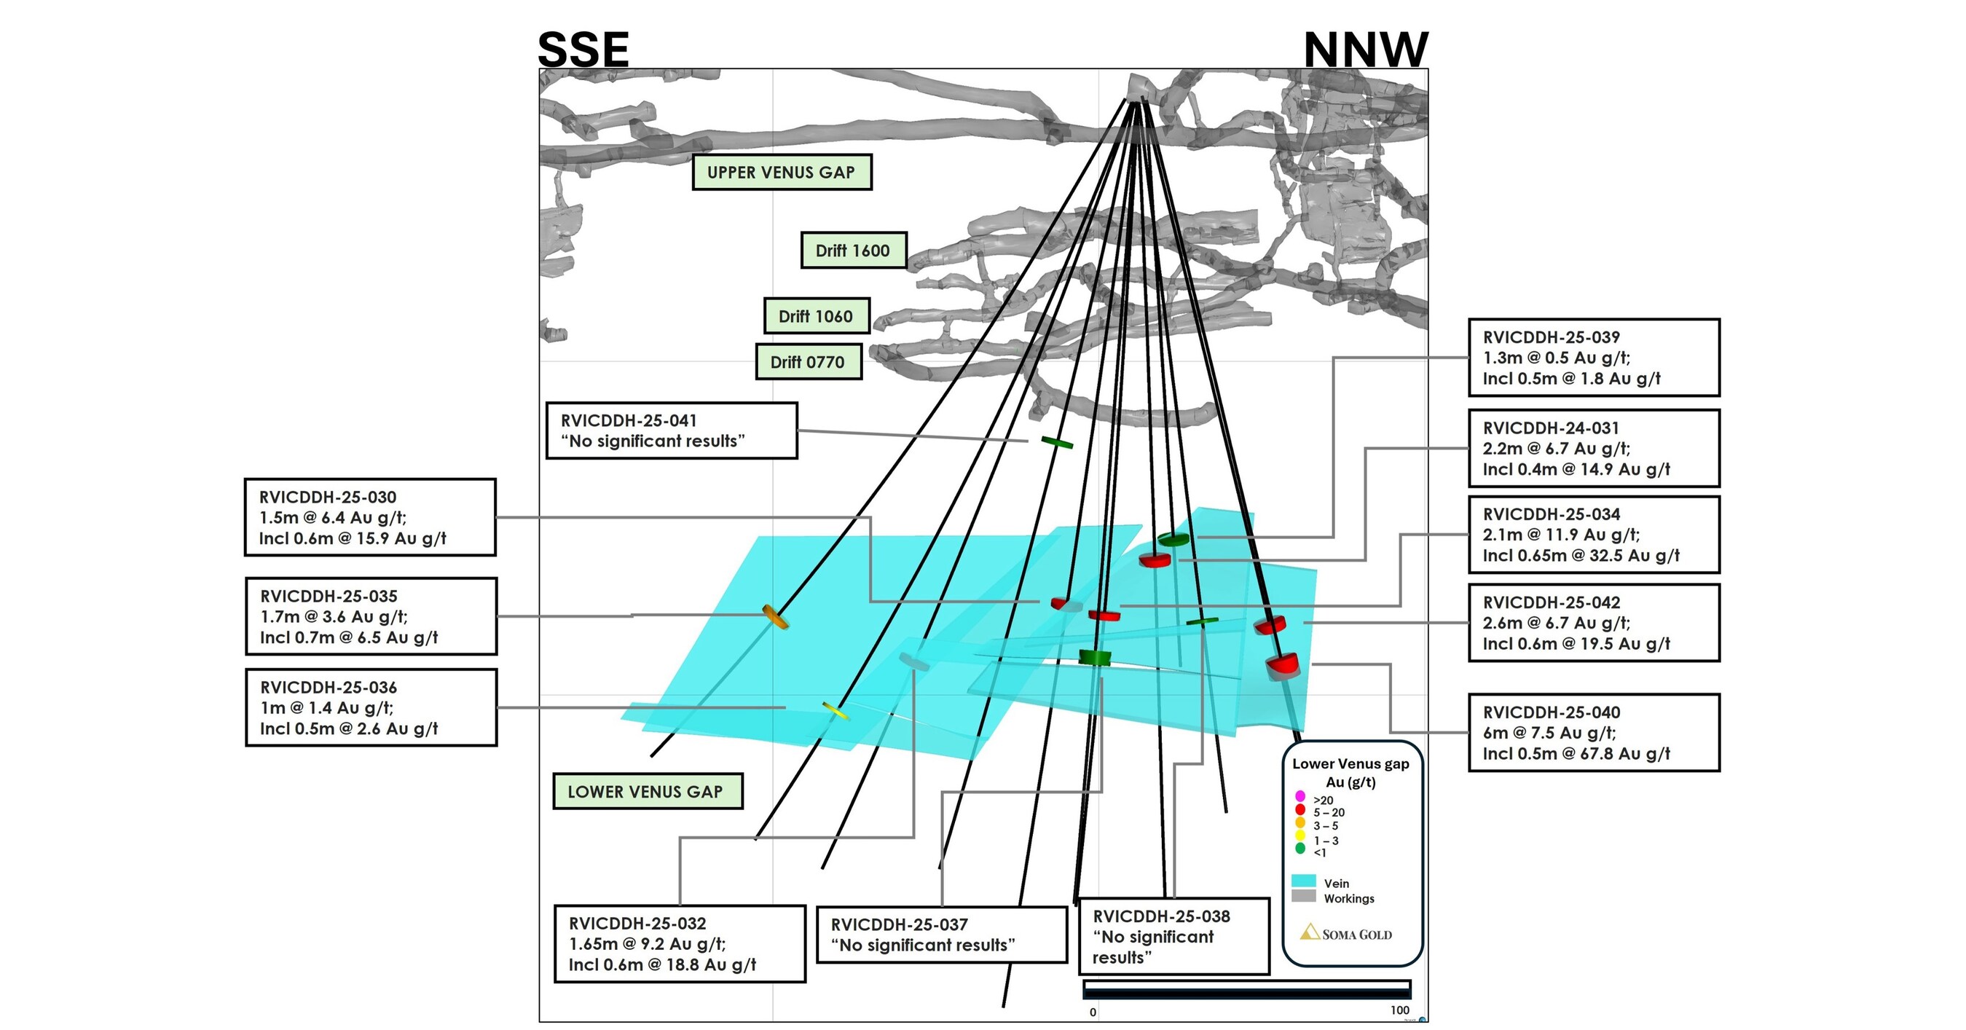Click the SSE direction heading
pyautogui.click(x=583, y=50)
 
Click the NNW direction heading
pyautogui.click(x=1364, y=50)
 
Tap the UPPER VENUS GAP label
pyautogui.click(x=781, y=173)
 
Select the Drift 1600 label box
pyautogui.click(x=852, y=251)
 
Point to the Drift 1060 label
pyautogui.click(x=816, y=316)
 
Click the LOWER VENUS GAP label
pyautogui.click(x=645, y=792)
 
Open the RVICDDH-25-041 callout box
pyautogui.click(x=671, y=431)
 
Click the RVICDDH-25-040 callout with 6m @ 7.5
pyautogui.click(x=1594, y=733)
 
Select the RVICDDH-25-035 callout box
pyautogui.click(x=371, y=616)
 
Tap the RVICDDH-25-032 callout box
pyautogui.click(x=679, y=944)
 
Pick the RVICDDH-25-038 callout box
pyautogui.click(x=1173, y=936)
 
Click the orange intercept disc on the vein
pyautogui.click(x=774, y=616)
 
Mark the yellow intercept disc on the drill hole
pyautogui.click(x=835, y=711)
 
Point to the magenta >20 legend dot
pyautogui.click(x=1300, y=796)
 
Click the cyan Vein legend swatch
pyautogui.click(x=1304, y=881)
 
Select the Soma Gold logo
pyautogui.click(x=1346, y=933)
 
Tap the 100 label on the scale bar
pyautogui.click(x=1399, y=1010)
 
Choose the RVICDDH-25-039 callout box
pyautogui.click(x=1594, y=357)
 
